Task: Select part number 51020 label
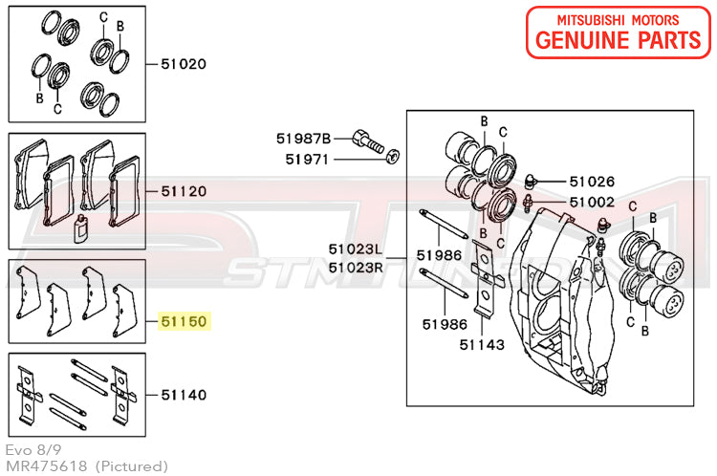(x=184, y=65)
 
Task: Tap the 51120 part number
(x=184, y=191)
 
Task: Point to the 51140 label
(x=184, y=394)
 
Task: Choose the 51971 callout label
(x=307, y=159)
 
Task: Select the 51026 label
(x=592, y=181)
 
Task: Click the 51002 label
(x=592, y=203)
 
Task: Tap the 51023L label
(x=355, y=249)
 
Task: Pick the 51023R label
(x=355, y=268)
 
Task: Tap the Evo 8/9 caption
(x=27, y=449)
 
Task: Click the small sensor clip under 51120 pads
(x=81, y=228)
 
